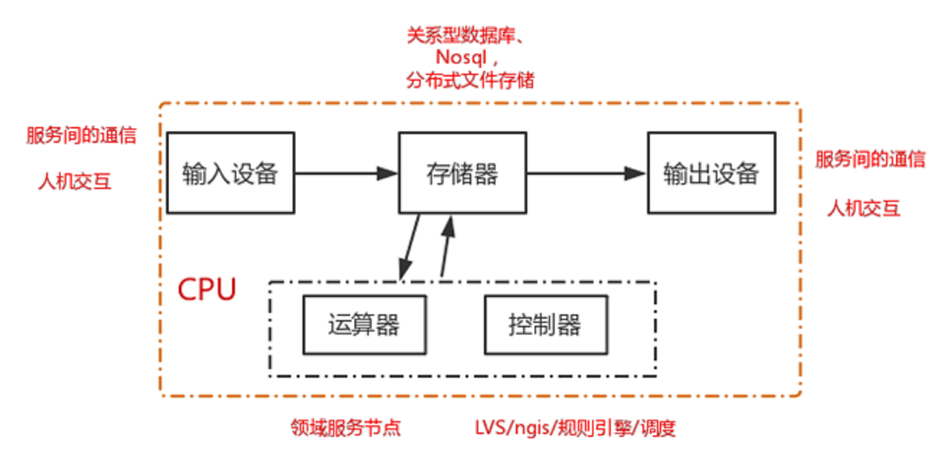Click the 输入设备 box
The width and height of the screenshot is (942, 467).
coord(230,173)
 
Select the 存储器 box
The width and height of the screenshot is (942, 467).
coord(462,173)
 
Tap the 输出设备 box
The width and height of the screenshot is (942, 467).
coord(711,173)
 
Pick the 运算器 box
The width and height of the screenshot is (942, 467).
coord(364,325)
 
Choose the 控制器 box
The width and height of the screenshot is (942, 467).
coord(545,325)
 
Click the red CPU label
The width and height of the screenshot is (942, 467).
coord(206,289)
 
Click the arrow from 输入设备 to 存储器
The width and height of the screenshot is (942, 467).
coord(346,173)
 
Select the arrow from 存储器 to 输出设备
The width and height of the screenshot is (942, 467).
coord(585,173)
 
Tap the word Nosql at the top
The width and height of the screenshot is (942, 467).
coord(461,58)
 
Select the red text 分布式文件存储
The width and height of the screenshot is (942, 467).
coord(470,80)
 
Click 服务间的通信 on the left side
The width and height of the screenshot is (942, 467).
coord(81,135)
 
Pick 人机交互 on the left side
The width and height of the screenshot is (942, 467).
coord(74,182)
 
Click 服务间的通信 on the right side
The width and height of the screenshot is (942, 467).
coord(870,159)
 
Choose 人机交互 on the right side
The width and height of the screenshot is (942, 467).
coord(863,208)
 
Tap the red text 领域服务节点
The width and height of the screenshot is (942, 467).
coord(345,428)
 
